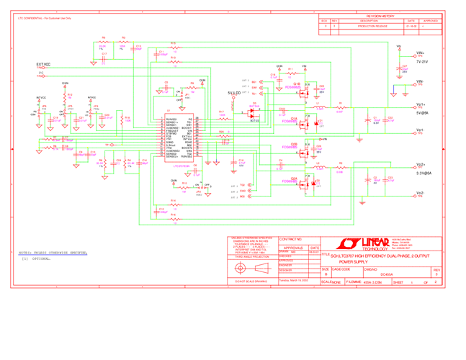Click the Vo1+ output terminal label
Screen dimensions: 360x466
pos(421,104)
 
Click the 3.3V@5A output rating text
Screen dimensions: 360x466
pos(423,174)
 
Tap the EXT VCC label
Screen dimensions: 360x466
pos(43,64)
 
